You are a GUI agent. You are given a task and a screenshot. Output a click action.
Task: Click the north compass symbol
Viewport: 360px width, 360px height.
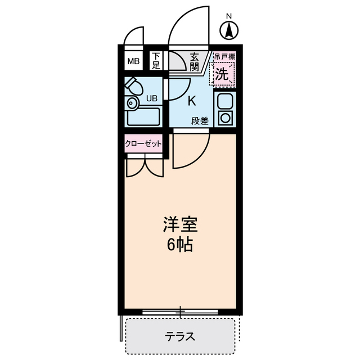[x=229, y=30]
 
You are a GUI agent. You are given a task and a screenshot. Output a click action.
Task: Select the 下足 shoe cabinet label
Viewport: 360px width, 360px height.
[x=156, y=60]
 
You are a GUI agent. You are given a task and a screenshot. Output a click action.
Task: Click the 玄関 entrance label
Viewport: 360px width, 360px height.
[x=195, y=61]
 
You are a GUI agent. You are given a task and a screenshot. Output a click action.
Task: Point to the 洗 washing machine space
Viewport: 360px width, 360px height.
[x=223, y=74]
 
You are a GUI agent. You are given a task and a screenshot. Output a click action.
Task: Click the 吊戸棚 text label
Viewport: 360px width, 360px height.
[x=224, y=57]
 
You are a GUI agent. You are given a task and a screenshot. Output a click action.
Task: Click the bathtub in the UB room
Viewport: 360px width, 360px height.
[x=143, y=116]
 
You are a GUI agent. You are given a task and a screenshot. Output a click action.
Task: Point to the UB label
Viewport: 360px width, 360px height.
[x=152, y=98]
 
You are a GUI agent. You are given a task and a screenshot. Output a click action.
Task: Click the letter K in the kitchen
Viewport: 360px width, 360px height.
[x=191, y=101]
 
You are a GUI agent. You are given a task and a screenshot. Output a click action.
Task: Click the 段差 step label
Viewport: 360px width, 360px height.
[x=199, y=121]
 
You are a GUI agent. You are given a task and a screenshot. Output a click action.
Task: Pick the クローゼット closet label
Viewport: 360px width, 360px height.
[x=143, y=143]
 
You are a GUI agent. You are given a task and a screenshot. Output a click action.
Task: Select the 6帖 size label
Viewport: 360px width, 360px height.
[x=179, y=245]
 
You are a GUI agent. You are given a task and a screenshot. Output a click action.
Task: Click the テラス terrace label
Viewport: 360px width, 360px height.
[x=180, y=337]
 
